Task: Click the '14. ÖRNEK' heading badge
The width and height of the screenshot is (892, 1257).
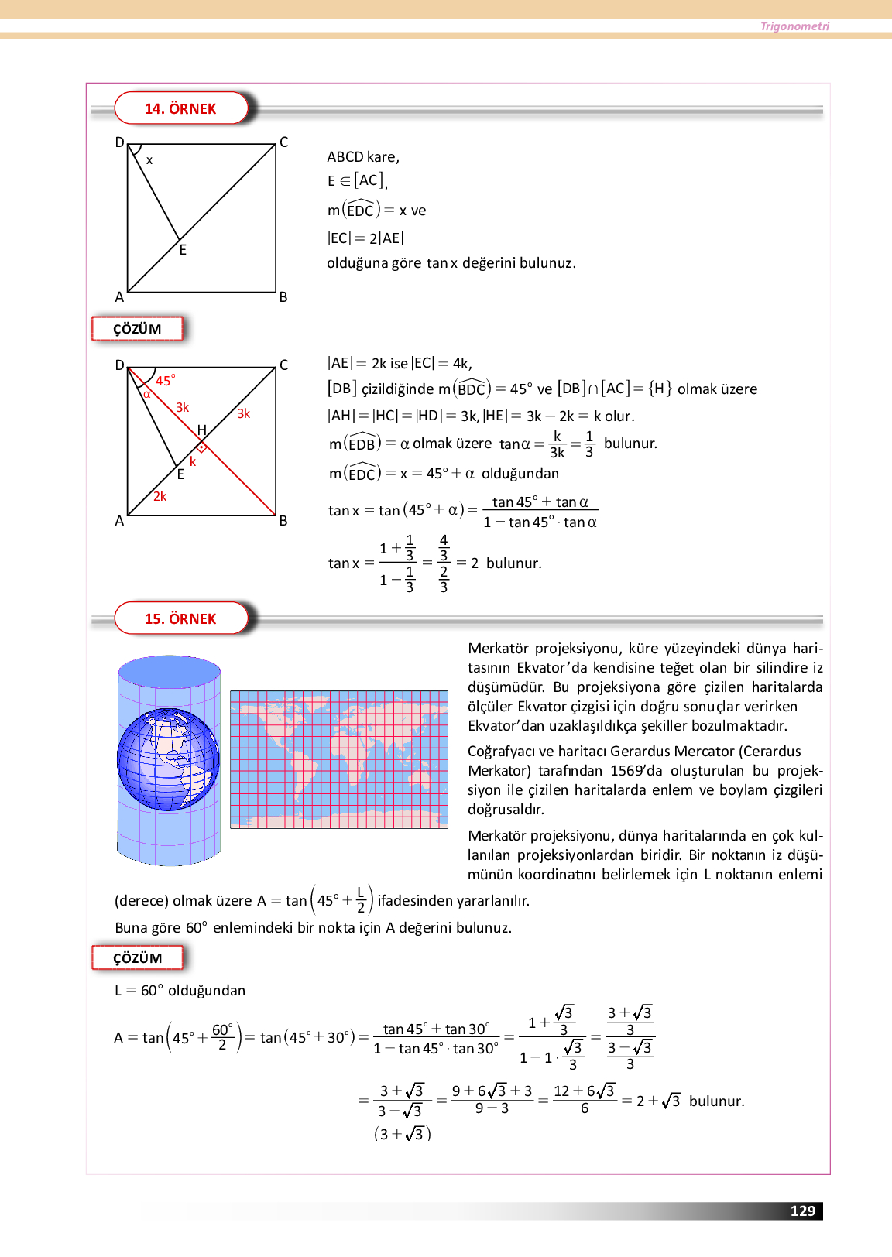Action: click(180, 108)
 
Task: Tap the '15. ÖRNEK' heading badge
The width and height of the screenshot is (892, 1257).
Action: click(180, 618)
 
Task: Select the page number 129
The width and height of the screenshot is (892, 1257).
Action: click(802, 1211)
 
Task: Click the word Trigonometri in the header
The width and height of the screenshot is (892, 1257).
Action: click(794, 26)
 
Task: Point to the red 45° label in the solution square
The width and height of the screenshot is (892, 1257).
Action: click(165, 380)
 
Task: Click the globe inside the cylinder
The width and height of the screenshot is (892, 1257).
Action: click(168, 759)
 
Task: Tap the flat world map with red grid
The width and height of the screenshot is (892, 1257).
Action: click(339, 759)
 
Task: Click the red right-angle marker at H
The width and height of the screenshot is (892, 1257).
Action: click(201, 447)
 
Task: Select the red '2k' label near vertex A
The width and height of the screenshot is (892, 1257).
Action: click(160, 496)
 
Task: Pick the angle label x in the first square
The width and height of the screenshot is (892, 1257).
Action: click(149, 161)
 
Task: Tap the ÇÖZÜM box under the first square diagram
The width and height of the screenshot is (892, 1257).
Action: click(137, 329)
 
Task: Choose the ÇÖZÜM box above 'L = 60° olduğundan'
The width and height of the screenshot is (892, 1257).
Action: click(137, 958)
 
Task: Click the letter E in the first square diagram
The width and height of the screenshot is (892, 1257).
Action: click(183, 250)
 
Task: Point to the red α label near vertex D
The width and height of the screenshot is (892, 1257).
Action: click(146, 394)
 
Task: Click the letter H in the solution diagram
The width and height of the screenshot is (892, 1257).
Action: click(201, 430)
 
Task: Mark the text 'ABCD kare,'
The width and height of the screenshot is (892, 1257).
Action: click(363, 157)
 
